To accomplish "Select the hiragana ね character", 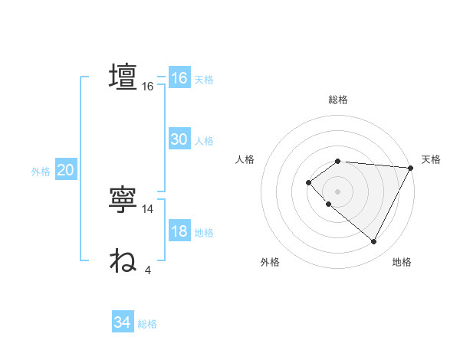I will (123, 261).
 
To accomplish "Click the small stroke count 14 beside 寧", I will (148, 209).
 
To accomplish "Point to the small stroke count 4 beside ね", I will (148, 270).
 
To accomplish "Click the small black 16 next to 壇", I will (148, 87).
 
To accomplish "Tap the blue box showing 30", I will (179, 139).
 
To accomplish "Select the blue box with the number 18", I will (179, 231).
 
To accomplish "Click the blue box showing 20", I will (65, 170).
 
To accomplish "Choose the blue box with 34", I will (123, 322).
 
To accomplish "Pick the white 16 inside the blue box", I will (179, 78).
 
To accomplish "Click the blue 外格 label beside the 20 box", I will (41, 172).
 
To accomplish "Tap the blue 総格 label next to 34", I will (147, 324).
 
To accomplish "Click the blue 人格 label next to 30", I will (204, 141).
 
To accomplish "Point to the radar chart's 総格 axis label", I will (338, 100).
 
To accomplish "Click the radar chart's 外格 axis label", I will (270, 262).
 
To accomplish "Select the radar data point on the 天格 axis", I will (410, 168).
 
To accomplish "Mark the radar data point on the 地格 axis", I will (374, 242).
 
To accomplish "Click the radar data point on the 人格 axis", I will (308, 182).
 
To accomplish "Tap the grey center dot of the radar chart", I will (337, 191).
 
